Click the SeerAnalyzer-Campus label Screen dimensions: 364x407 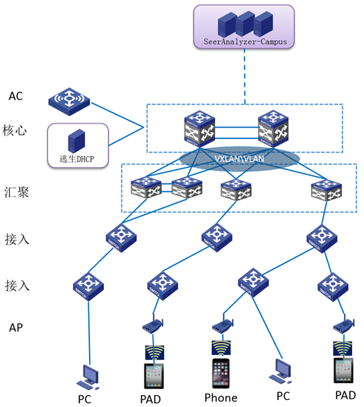(245, 42)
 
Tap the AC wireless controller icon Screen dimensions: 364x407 (69, 102)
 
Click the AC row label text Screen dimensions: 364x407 (16, 96)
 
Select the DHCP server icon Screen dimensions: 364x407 (76, 140)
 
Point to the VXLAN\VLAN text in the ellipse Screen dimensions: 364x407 (239, 159)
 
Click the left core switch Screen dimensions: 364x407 (199, 128)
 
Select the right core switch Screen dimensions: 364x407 (273, 128)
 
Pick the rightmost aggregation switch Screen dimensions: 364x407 (327, 190)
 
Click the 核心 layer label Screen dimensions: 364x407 (15, 130)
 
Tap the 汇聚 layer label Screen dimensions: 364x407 (16, 193)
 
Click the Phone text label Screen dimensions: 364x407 (221, 398)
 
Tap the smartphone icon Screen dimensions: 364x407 (221, 373)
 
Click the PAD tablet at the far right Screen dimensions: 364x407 (344, 370)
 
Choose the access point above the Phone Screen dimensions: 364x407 (223, 324)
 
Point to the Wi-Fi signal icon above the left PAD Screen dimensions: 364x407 (155, 352)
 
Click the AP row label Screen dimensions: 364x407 (16, 327)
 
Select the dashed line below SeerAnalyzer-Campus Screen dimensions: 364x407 (245, 77)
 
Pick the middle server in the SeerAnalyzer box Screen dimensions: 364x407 (245, 23)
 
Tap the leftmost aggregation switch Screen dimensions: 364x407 (146, 188)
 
